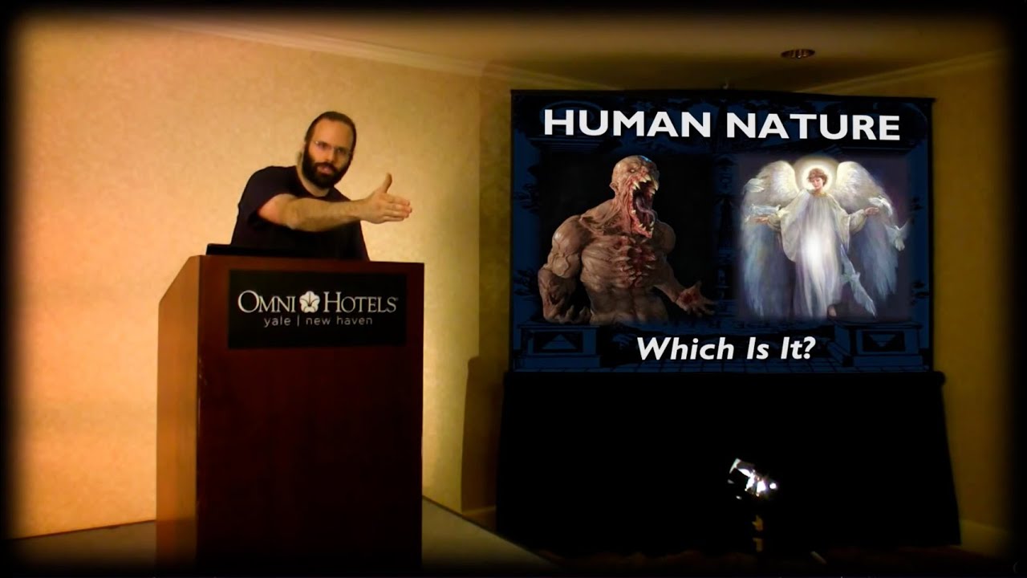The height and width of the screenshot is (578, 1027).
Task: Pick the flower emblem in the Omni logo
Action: pos(310,302)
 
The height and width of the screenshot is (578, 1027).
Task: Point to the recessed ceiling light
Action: pos(798,54)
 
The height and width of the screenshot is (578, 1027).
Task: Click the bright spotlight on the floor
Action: pos(753,480)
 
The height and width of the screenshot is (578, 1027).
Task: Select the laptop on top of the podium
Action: pos(218,250)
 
